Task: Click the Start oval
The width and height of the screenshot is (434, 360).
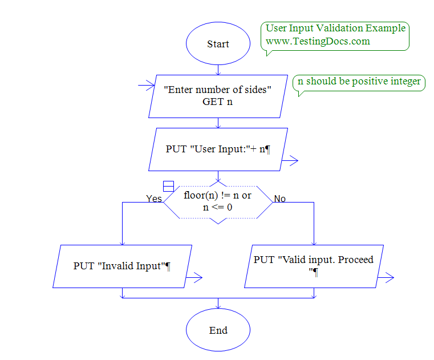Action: point(218,45)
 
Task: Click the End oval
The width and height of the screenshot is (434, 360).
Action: point(218,330)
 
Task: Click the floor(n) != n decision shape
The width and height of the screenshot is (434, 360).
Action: point(218,201)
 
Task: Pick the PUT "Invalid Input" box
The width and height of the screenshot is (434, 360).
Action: point(123,266)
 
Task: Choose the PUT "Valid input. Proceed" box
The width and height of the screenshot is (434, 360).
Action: point(314,266)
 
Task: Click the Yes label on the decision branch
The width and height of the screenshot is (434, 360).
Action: point(153,199)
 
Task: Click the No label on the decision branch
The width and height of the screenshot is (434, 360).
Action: point(280,199)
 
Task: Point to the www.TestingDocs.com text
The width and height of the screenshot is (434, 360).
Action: point(318,41)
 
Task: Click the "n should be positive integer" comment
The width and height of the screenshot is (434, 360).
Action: point(359,82)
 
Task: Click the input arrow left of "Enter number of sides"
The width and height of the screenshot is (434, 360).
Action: point(147,86)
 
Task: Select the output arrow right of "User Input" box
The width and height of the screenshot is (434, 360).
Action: point(290,161)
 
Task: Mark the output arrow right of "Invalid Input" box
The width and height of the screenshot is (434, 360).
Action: point(194,278)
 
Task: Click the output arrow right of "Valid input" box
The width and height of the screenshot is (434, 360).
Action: point(386,278)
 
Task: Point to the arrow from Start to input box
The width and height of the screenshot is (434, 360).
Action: point(218,69)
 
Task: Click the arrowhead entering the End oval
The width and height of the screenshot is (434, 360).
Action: point(218,309)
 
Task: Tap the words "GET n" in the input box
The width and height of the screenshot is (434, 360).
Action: point(217,102)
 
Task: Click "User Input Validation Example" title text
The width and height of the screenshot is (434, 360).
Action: point(336,29)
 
